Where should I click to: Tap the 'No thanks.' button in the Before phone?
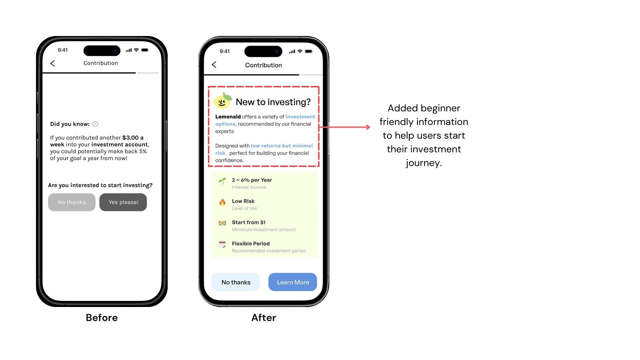tap(72, 202)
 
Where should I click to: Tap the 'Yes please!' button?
tap(123, 202)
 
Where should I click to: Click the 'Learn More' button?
tap(293, 282)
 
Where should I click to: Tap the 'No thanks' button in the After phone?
tap(236, 282)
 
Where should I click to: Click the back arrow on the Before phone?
tap(53, 63)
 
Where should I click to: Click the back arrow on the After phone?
tap(214, 65)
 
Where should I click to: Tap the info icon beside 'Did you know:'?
tap(95, 124)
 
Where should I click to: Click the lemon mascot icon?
tap(222, 101)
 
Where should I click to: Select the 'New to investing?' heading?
tap(273, 102)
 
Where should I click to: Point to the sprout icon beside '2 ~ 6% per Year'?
tap(222, 181)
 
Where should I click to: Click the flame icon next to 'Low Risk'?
tap(222, 202)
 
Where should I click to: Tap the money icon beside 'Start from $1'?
tap(222, 223)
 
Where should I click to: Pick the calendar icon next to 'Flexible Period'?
tap(222, 244)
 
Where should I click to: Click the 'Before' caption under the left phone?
tap(102, 318)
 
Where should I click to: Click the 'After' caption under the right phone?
tap(264, 318)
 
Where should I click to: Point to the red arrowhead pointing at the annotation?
tap(368, 127)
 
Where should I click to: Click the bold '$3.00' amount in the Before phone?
tap(130, 138)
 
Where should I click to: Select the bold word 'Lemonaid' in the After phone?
tap(228, 117)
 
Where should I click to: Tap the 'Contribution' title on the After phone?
tap(263, 65)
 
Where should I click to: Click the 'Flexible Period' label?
tap(251, 244)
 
